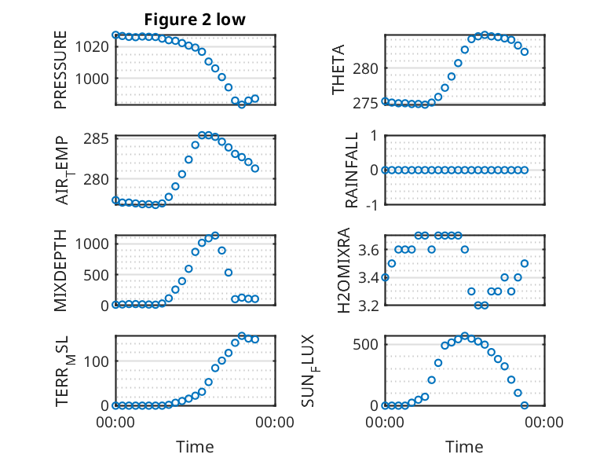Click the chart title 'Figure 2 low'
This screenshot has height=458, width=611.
click(195, 19)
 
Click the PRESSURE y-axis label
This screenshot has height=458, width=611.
click(60, 70)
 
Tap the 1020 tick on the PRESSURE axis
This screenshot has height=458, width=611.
click(92, 47)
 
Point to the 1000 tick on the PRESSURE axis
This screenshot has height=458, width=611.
click(92, 79)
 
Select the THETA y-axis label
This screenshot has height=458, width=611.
click(338, 69)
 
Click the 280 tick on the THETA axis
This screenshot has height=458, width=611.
click(365, 68)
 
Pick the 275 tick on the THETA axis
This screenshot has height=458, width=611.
click(365, 104)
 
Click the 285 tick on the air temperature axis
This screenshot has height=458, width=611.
click(97, 139)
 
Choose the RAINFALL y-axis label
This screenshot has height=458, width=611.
click(352, 170)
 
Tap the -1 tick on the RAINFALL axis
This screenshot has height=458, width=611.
click(372, 204)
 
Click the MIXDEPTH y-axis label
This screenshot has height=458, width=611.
click(60, 270)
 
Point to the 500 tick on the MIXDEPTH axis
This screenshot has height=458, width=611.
click(97, 275)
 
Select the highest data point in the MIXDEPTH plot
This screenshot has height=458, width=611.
click(215, 236)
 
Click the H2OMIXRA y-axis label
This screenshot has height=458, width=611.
click(344, 270)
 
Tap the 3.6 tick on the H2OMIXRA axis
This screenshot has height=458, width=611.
click(368, 250)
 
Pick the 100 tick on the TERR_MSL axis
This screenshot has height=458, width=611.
click(97, 361)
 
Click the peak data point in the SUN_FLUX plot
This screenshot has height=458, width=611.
click(464, 336)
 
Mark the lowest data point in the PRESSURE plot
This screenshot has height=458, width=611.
click(242, 104)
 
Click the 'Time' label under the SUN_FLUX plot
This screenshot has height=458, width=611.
click(464, 447)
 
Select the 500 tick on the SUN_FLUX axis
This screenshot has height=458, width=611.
click(365, 345)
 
